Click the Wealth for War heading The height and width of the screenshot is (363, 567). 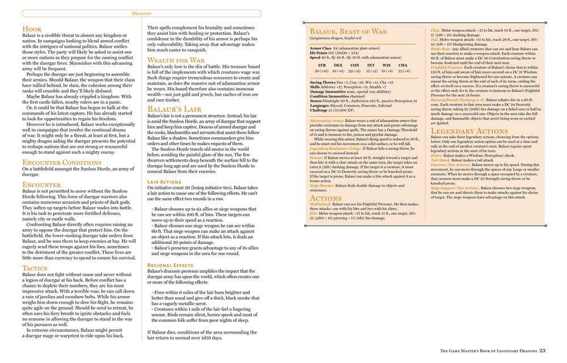tap(176, 60)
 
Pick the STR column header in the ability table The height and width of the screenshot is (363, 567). tap(321, 65)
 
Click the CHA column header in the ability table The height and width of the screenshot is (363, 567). tap(403, 65)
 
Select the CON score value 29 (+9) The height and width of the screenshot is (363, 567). tap(354, 71)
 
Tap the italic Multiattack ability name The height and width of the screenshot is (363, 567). tap(321, 202)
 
